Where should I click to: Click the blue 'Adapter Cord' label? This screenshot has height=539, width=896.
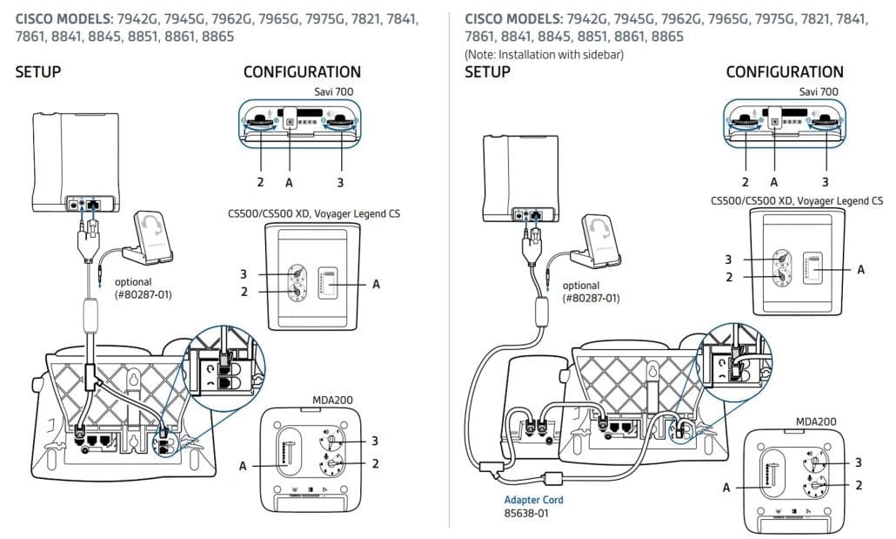pyautogui.click(x=533, y=500)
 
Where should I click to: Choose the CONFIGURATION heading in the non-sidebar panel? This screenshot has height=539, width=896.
pyautogui.click(x=302, y=71)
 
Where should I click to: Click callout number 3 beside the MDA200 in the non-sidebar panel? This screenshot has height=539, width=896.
pyautogui.click(x=375, y=441)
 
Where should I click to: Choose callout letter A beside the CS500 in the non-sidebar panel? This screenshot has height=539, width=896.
pyautogui.click(x=376, y=283)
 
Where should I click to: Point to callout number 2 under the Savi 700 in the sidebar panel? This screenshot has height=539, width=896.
pyautogui.click(x=746, y=182)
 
